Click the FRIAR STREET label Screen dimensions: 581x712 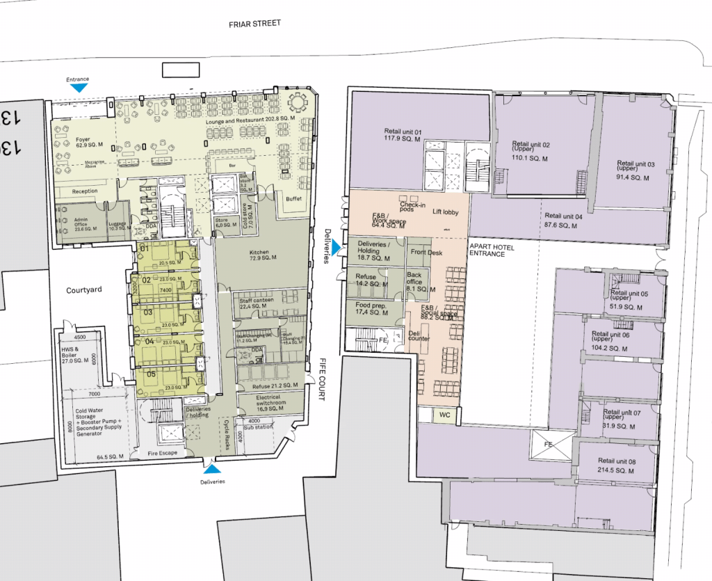[x=255, y=23]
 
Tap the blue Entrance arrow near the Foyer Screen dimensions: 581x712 [x=79, y=88]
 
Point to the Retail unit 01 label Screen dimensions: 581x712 [x=403, y=135]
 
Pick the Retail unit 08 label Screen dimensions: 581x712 [x=617, y=465]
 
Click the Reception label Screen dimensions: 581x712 [x=85, y=191]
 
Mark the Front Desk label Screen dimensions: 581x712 [x=426, y=252]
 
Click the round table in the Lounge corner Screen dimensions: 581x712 [x=298, y=102]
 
